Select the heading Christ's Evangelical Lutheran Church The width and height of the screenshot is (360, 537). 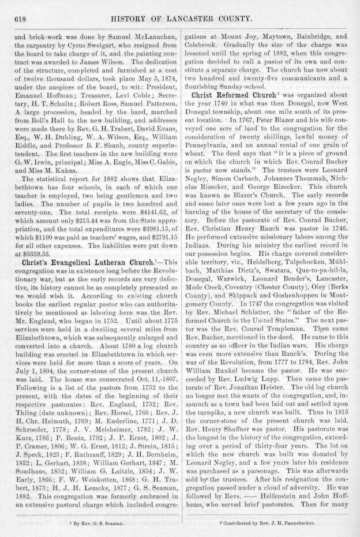pyautogui.click(x=85, y=260)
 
